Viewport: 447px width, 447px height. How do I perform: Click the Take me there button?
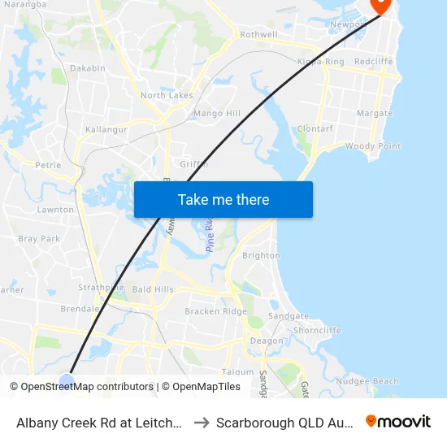[223, 199]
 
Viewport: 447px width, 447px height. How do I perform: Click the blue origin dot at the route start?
[67, 380]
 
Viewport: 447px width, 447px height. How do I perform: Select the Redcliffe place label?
[374, 62]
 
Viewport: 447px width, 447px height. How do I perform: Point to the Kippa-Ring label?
[321, 62]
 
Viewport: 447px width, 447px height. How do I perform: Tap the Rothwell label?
[258, 35]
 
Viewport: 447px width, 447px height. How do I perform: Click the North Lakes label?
[167, 95]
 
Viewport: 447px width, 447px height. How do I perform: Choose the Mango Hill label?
[217, 114]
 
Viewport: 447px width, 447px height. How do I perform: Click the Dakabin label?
[88, 68]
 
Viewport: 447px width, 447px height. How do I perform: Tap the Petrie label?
[49, 165]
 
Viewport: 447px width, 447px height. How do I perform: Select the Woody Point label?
[373, 146]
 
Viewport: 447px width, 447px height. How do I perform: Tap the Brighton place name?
[262, 255]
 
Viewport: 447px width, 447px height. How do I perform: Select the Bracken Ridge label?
[215, 311]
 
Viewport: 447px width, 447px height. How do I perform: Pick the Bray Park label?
[39, 239]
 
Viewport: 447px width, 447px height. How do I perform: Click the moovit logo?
[398, 422]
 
